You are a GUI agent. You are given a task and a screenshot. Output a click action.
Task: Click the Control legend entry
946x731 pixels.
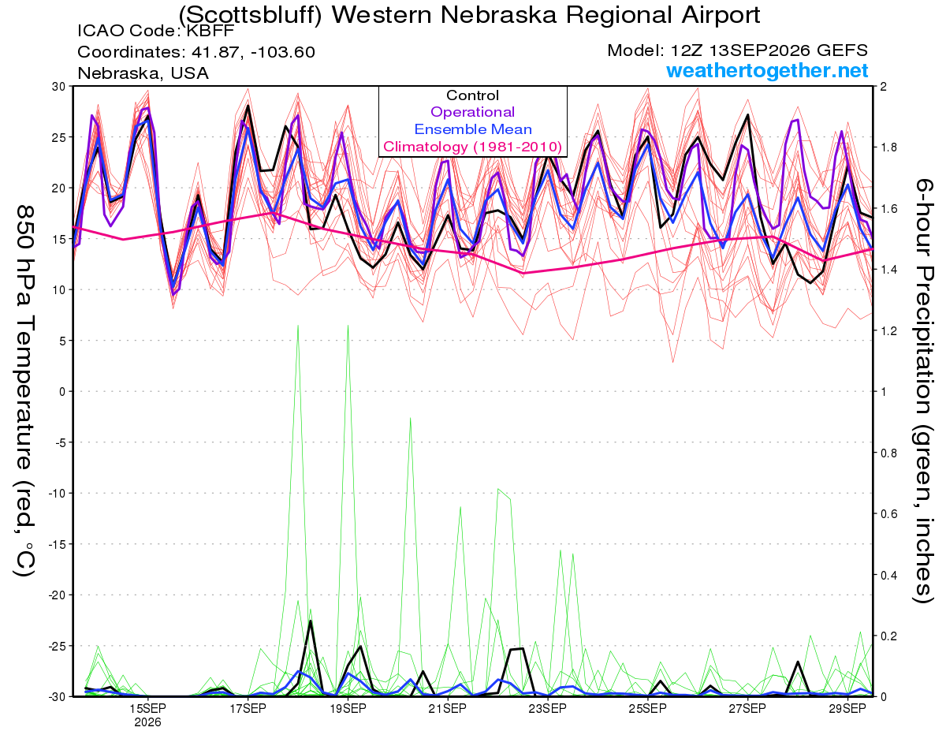tap(472, 95)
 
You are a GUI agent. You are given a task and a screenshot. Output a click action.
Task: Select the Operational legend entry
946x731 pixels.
tap(472, 112)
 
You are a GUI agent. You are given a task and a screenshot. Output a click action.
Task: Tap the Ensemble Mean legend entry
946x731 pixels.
tap(473, 129)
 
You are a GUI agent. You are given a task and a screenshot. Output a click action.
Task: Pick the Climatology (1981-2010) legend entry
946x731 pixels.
tap(472, 147)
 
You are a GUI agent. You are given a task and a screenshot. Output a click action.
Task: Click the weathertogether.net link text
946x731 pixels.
tap(766, 70)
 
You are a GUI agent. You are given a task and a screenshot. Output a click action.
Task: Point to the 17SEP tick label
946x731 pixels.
tap(248, 709)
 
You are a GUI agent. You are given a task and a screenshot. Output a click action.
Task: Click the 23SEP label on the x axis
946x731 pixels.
tap(548, 709)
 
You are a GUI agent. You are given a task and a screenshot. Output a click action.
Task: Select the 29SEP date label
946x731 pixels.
tap(847, 709)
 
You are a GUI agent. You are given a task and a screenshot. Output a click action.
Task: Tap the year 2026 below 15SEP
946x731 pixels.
tap(147, 723)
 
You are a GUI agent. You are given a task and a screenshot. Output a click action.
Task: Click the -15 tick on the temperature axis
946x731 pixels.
tap(57, 544)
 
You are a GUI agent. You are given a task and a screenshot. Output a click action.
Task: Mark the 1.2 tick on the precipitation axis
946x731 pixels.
tap(887, 331)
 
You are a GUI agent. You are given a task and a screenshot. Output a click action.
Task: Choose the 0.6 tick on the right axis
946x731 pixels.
tap(887, 513)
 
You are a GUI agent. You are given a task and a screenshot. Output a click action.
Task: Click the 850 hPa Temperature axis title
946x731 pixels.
tap(24, 391)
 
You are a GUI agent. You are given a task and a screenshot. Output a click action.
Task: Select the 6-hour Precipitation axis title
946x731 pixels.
tap(923, 390)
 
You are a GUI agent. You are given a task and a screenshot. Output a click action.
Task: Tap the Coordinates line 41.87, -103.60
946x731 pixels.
tap(196, 52)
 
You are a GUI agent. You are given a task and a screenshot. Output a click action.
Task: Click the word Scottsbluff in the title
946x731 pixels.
tap(250, 16)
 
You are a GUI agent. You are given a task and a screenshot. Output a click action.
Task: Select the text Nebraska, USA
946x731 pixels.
tap(143, 73)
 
